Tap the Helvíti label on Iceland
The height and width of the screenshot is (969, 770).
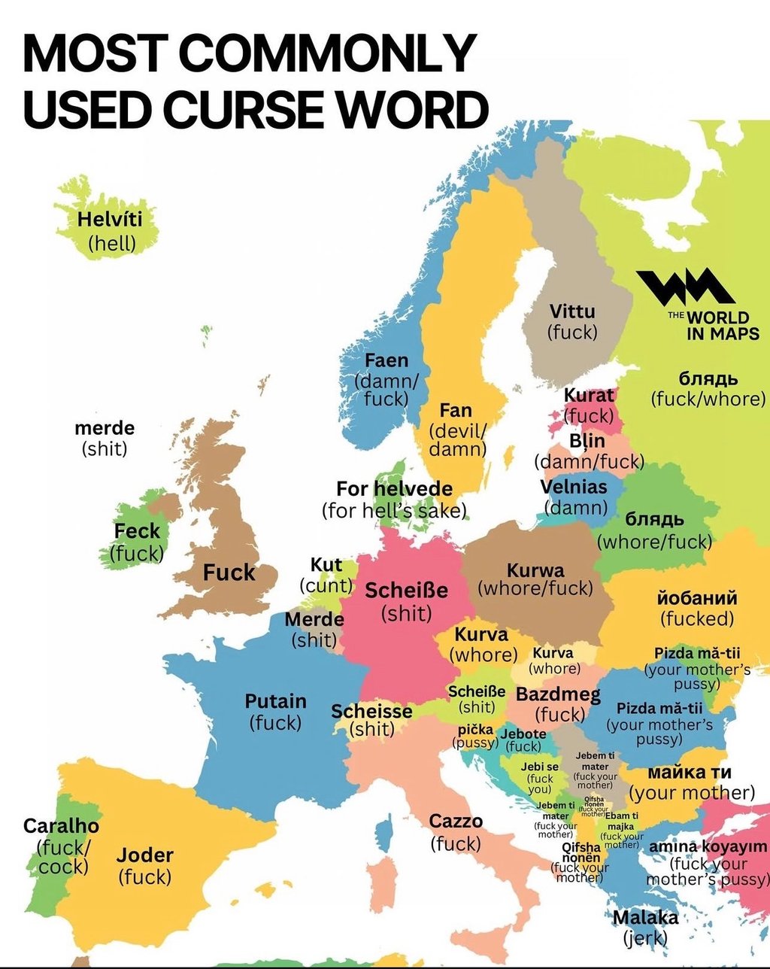(110, 220)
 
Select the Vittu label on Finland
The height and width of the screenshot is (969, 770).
(571, 311)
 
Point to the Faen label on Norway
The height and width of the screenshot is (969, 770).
(387, 361)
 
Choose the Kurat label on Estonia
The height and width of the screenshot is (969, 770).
(589, 395)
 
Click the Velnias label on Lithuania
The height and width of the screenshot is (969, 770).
(573, 487)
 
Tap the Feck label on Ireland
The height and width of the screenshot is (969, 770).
(137, 531)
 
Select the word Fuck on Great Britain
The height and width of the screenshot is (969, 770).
(229, 573)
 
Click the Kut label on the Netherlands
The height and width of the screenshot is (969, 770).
(326, 565)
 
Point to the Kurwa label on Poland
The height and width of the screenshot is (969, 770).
(535, 570)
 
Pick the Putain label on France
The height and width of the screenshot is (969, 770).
(276, 701)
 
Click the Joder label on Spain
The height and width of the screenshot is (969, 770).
(144, 855)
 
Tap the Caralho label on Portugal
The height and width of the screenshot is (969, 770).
(61, 826)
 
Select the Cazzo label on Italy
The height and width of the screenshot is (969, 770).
(456, 822)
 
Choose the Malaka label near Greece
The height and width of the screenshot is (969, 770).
(645, 918)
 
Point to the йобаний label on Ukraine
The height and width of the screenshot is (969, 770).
(697, 599)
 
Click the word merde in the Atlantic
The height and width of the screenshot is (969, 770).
(105, 428)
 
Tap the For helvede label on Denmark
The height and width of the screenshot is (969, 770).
(394, 489)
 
